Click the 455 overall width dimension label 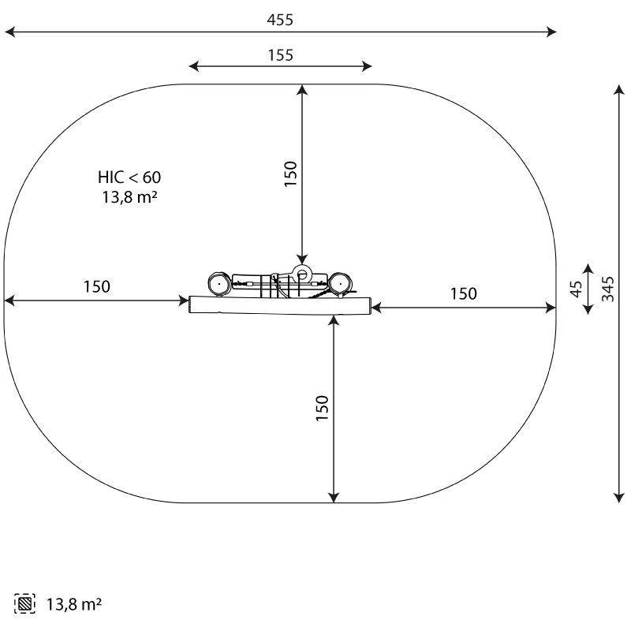[x=280, y=20]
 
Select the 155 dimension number [x=281, y=55]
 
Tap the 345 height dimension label [x=607, y=289]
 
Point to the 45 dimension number [x=577, y=289]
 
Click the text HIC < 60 [x=129, y=177]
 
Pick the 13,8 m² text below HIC [x=129, y=197]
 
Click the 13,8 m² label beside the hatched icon [x=74, y=604]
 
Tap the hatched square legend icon [x=24, y=603]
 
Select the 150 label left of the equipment [x=96, y=286]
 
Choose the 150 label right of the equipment [x=463, y=293]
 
